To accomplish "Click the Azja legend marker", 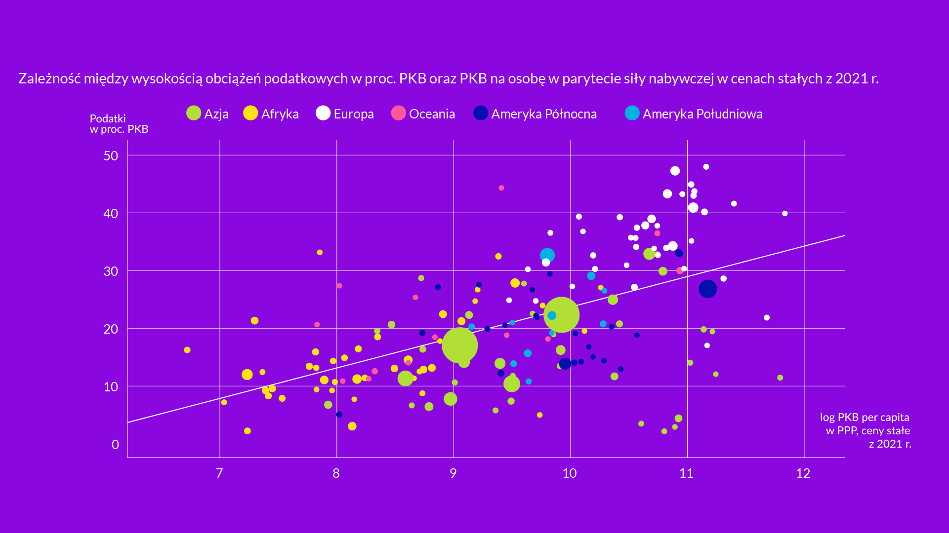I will click(194, 114).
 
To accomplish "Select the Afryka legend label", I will click(280, 114).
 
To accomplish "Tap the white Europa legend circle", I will click(323, 114).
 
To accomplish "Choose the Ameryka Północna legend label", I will click(543, 114).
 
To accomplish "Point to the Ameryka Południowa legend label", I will click(702, 114).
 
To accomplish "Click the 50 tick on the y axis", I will click(111, 156).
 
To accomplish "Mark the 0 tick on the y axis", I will click(115, 445).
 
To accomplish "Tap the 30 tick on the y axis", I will click(111, 271).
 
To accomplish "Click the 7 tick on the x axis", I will click(219, 473).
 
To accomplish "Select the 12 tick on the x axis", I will click(803, 473).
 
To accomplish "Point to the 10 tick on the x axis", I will click(570, 473).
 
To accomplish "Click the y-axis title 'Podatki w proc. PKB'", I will click(119, 124).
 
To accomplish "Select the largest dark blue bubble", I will click(707, 289).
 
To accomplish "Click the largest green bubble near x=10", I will click(561, 315).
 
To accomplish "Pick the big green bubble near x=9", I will click(459, 345).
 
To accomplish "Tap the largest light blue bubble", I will click(547, 255).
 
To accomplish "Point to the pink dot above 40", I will click(501, 188).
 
